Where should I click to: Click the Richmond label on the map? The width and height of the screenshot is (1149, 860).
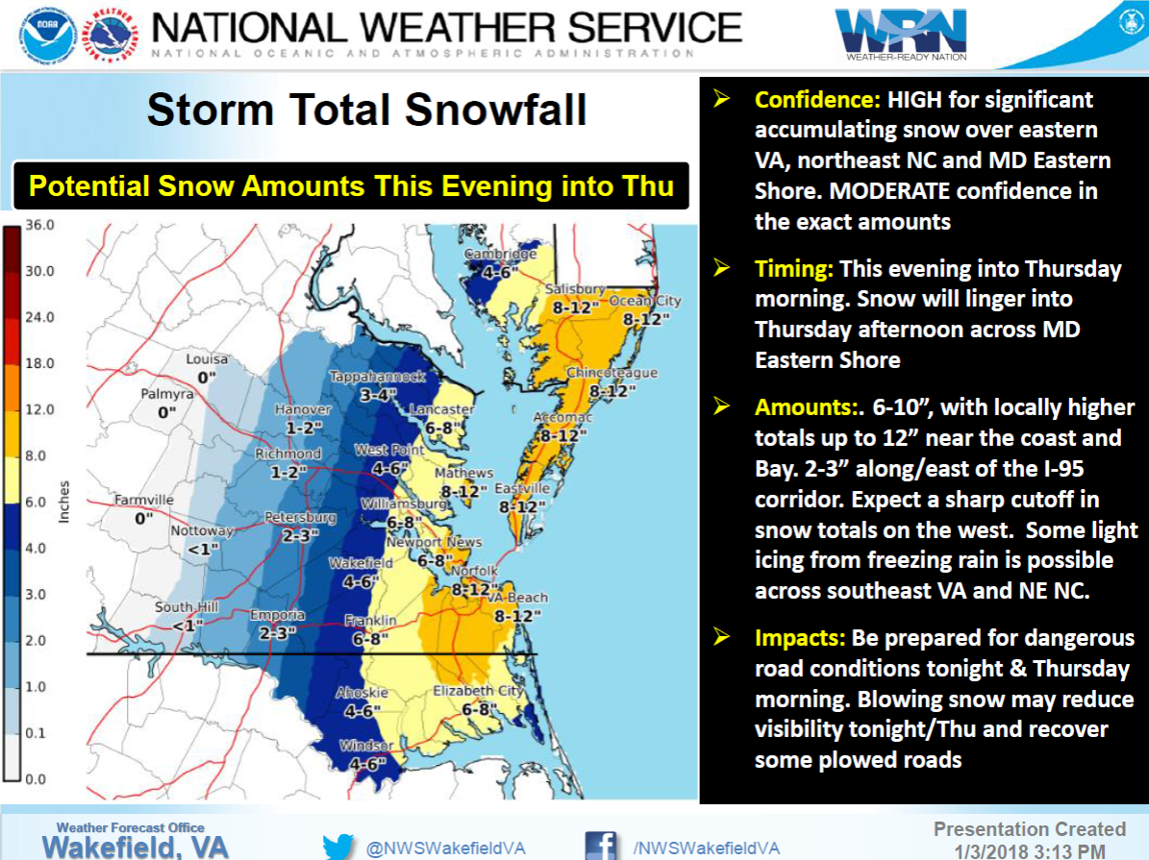tap(288, 454)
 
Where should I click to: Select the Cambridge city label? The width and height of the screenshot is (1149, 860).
tap(501, 255)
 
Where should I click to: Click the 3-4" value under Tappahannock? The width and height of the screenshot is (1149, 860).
tap(377, 394)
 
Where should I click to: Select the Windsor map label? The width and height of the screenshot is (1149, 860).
tap(367, 747)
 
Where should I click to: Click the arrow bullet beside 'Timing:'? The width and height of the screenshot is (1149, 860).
tap(720, 268)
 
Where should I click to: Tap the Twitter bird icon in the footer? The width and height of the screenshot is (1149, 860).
tap(338, 848)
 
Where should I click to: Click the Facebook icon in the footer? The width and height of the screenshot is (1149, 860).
tap(601, 846)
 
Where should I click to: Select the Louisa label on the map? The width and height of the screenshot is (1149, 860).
tap(207, 359)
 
